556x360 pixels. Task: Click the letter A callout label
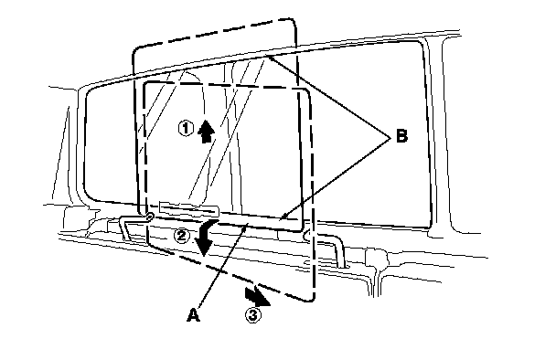pyautogui.click(x=193, y=315)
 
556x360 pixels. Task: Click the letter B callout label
pyautogui.click(x=401, y=136)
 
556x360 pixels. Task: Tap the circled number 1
pyautogui.click(x=186, y=128)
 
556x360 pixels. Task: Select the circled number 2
pyautogui.click(x=182, y=236)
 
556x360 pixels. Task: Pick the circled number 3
pyautogui.click(x=253, y=314)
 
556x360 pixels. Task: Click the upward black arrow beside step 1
pyautogui.click(x=206, y=131)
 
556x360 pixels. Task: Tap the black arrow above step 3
pyautogui.click(x=257, y=297)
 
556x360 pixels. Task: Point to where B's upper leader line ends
pyautogui.click(x=268, y=56)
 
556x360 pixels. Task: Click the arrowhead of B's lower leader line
pyautogui.click(x=280, y=219)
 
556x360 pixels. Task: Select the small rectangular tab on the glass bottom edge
pyautogui.click(x=189, y=208)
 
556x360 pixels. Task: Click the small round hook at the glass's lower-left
pyautogui.click(x=150, y=215)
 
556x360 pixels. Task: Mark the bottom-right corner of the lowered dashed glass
pyautogui.click(x=312, y=299)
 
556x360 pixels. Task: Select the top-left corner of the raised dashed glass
pyautogui.click(x=136, y=50)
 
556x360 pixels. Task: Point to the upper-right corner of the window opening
pyautogui.click(x=420, y=44)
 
